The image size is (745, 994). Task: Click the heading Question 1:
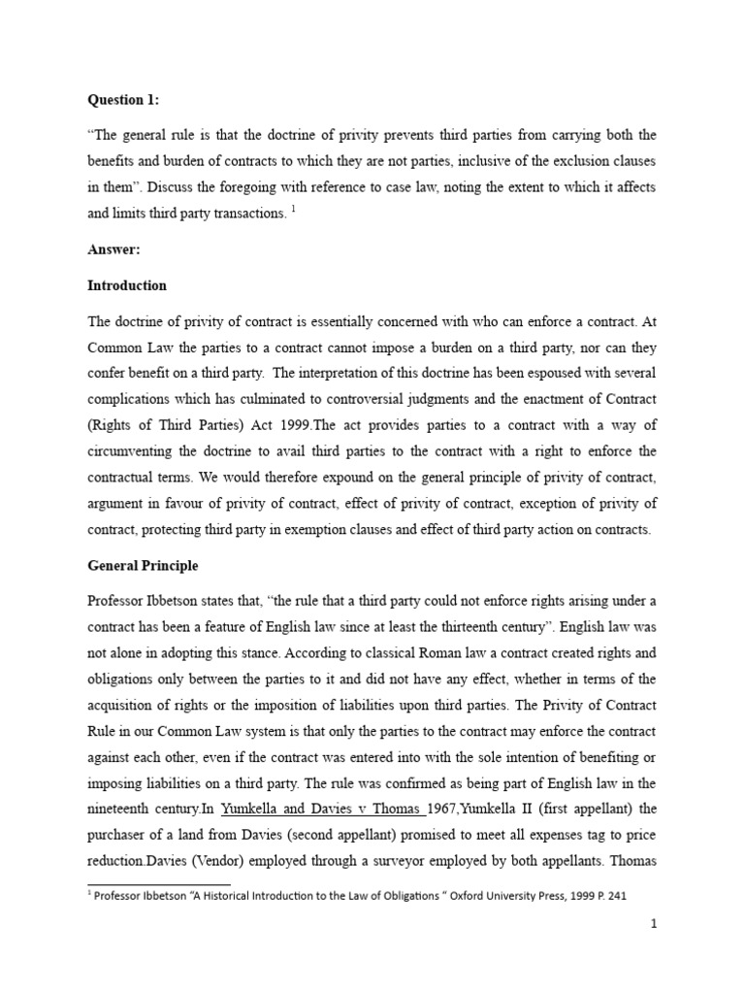(126, 99)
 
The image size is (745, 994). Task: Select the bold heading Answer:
(114, 249)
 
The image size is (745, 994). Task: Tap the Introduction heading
(127, 285)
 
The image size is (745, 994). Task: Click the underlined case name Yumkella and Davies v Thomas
(306, 808)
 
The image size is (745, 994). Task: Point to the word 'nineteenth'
(121, 808)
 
